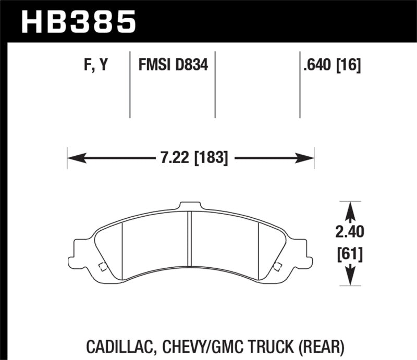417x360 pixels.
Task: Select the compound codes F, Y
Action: click(95, 66)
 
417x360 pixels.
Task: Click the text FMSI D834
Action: click(173, 66)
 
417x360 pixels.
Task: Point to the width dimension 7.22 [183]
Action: click(190, 157)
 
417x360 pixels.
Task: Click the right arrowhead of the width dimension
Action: click(309, 157)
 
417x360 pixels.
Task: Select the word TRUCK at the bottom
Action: click(266, 345)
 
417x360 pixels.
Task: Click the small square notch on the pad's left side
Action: click(103, 268)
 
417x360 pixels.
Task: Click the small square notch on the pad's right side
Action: click(277, 268)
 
